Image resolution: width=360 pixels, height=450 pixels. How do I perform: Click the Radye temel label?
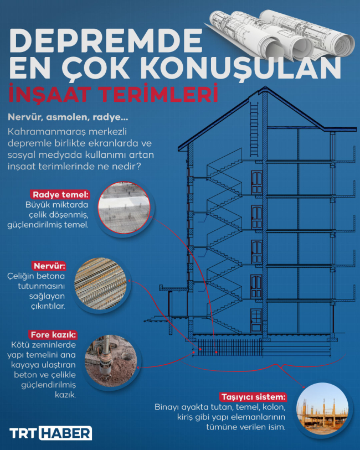coord(60,195)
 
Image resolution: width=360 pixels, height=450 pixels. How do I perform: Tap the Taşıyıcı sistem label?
coord(254,397)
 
